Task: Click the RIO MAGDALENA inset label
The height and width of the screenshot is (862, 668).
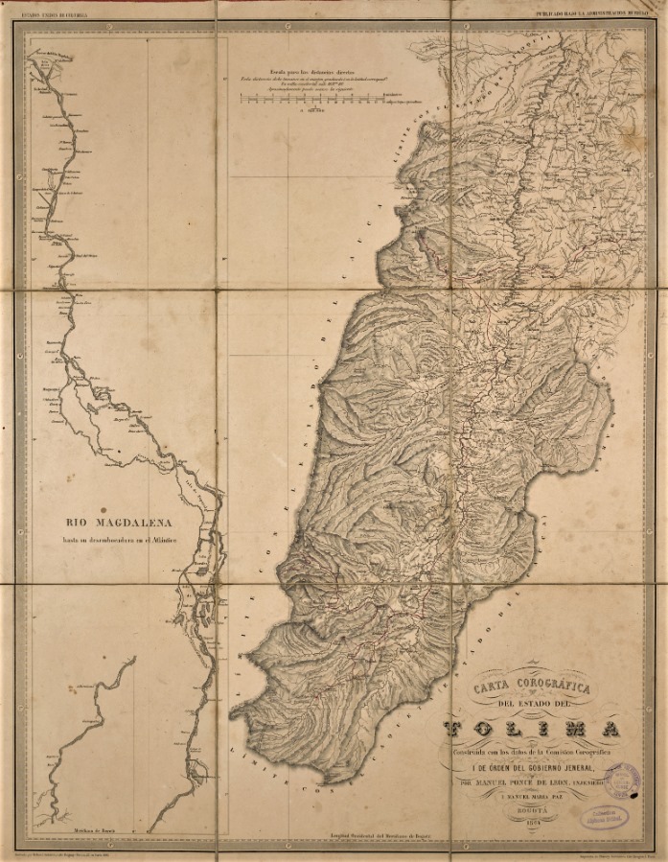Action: click(x=118, y=523)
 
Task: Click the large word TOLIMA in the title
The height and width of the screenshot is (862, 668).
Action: click(x=532, y=730)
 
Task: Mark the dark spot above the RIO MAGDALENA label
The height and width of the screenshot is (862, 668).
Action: click(x=104, y=511)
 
